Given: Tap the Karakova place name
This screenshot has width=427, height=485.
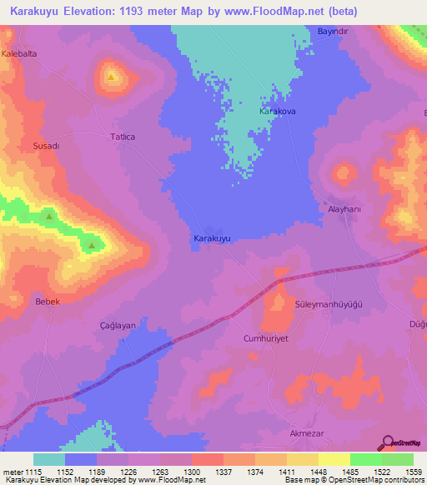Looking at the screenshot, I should [279, 111].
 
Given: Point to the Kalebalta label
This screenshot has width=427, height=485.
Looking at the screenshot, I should [20, 52].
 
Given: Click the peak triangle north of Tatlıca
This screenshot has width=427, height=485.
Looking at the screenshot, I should [111, 77].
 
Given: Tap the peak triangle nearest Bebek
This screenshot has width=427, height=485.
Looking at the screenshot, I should [91, 245].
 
